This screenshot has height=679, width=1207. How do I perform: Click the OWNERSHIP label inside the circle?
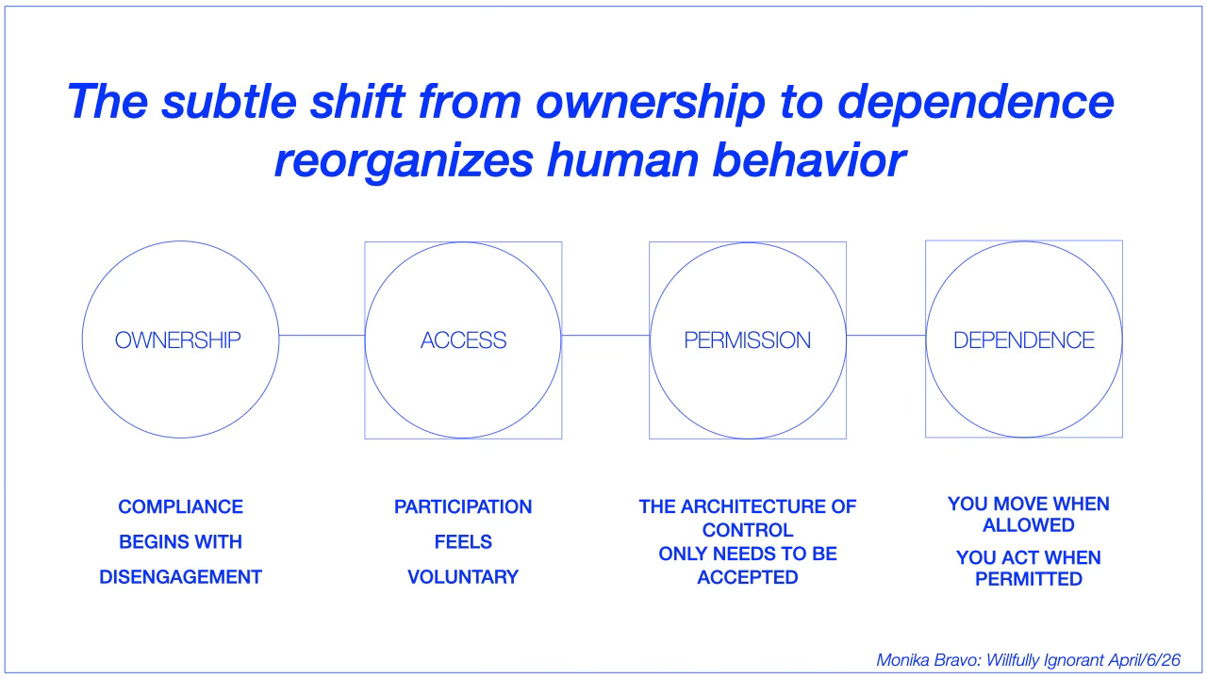(x=178, y=340)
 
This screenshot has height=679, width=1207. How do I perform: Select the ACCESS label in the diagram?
(x=463, y=340)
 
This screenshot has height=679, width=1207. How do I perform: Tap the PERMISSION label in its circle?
(x=747, y=340)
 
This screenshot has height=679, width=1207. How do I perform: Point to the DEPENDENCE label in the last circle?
(x=1024, y=340)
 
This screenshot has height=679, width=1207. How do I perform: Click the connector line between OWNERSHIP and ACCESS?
(x=322, y=335)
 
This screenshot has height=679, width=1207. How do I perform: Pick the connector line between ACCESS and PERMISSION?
(x=605, y=335)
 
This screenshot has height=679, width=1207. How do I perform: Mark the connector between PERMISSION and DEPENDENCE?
(x=885, y=335)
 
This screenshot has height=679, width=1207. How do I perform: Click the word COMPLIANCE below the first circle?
(x=180, y=507)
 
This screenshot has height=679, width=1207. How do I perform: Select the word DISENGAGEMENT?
(x=180, y=577)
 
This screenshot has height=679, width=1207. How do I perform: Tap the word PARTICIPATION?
(x=463, y=507)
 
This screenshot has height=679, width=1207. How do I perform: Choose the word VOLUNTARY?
(x=463, y=577)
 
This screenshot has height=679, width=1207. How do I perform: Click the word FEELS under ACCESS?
(x=463, y=542)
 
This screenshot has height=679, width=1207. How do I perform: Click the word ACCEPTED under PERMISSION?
(x=748, y=577)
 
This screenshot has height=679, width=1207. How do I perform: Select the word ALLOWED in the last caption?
(x=1028, y=525)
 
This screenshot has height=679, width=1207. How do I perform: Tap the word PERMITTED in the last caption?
(x=1028, y=579)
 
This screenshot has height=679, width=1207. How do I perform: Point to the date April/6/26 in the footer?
(x=1147, y=660)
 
